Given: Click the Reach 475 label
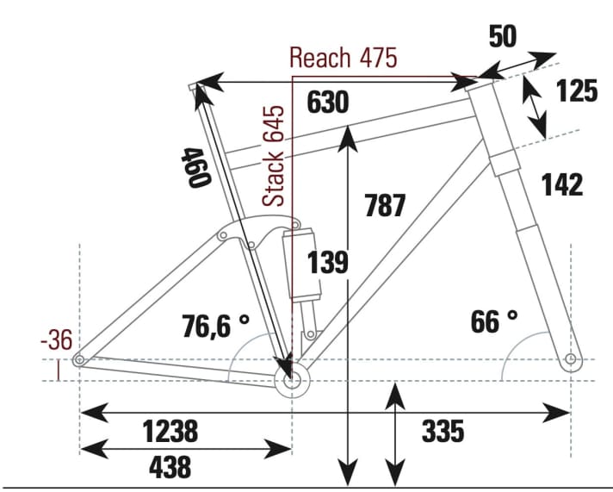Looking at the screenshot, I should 343,59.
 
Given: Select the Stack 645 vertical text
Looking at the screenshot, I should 275,156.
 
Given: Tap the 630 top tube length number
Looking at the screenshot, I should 328,103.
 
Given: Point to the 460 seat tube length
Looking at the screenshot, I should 196,167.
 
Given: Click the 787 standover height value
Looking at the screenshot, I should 385,206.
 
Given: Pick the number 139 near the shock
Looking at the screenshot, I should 328,263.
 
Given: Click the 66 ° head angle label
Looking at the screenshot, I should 494,321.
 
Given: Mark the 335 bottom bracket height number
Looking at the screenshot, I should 443,431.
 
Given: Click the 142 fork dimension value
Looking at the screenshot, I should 563,184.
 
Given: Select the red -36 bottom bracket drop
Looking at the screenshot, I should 57,341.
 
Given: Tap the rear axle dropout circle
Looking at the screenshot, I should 79,360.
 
